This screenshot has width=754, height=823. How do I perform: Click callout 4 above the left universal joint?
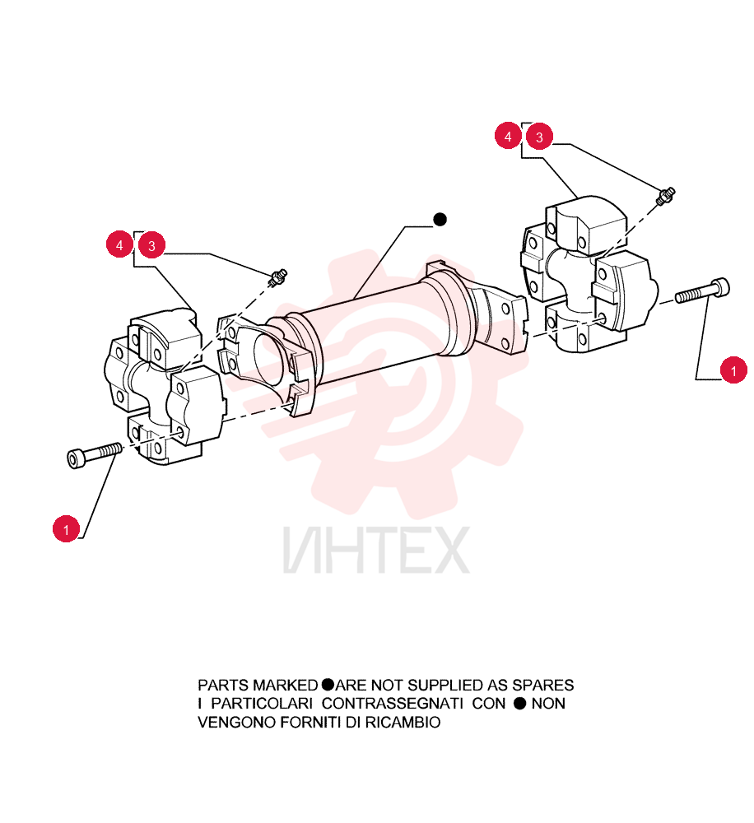[x=119, y=244]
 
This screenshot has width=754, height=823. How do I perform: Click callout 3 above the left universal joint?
[x=151, y=245]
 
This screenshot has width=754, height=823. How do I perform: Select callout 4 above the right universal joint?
[x=508, y=136]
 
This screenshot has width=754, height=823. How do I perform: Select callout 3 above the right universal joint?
[x=539, y=137]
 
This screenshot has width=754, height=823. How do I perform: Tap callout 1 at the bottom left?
[x=66, y=529]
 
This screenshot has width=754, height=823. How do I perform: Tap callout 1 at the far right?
[x=733, y=370]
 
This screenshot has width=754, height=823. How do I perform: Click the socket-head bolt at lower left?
[x=95, y=455]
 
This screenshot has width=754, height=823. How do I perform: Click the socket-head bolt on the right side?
[x=702, y=291]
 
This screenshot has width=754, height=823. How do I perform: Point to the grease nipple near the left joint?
[x=277, y=277]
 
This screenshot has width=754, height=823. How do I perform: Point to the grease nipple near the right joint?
[x=665, y=196]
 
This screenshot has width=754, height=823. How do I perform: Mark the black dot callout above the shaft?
[x=440, y=220]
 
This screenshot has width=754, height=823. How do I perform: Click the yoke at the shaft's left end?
[x=265, y=362]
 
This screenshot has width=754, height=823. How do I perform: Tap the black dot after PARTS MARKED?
[x=327, y=685]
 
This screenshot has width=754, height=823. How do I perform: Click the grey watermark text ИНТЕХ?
[x=376, y=550]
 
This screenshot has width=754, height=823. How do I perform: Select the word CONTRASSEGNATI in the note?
[x=392, y=704]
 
